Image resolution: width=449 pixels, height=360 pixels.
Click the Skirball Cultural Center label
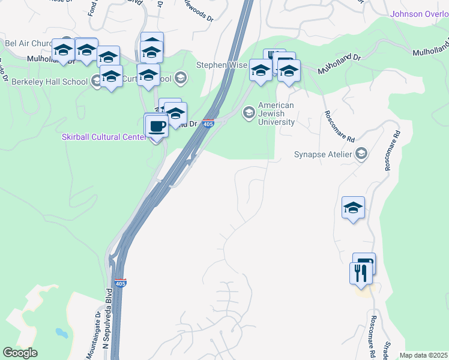(x=104, y=137)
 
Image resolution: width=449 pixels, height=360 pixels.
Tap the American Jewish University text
(x=276, y=114)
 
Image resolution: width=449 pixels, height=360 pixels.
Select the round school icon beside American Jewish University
(x=248, y=112)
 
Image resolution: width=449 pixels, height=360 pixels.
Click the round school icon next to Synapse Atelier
(x=361, y=155)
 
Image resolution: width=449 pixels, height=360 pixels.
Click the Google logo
(x=20, y=353)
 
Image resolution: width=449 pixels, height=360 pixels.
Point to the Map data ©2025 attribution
(x=423, y=355)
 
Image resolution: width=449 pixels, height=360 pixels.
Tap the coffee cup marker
(x=157, y=127)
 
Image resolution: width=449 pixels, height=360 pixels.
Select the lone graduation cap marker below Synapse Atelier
(x=353, y=208)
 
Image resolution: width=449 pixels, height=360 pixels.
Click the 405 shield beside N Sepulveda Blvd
(x=121, y=283)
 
